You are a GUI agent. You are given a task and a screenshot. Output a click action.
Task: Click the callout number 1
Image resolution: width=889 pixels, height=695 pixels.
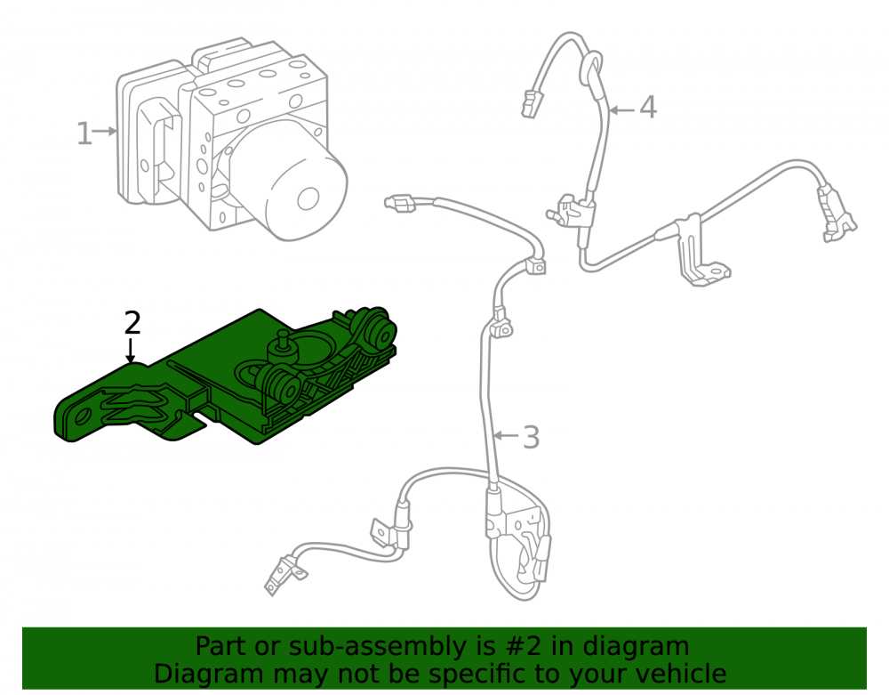point(84,133)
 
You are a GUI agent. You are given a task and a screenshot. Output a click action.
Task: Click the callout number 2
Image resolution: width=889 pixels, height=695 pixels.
point(132,323)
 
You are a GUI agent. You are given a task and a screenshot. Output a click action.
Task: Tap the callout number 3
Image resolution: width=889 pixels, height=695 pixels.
point(531,438)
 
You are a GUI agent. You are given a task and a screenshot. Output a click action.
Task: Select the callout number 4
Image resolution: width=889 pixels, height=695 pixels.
point(648,107)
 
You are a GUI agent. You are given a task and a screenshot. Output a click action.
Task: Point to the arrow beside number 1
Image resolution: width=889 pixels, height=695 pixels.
point(105,132)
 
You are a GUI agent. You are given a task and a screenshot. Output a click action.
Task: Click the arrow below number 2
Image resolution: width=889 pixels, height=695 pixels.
point(131,350)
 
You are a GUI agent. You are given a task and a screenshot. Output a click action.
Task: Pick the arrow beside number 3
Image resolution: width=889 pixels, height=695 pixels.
point(507,435)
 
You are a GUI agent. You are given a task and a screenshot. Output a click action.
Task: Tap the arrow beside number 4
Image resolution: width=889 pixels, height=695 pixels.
point(622,109)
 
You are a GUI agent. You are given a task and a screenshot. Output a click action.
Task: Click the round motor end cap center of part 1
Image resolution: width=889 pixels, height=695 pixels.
point(308,198)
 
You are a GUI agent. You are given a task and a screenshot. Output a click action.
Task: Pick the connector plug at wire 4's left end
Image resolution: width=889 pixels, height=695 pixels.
point(530,104)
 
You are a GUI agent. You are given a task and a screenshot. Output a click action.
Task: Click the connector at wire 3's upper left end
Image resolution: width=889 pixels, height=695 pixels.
point(400,204)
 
